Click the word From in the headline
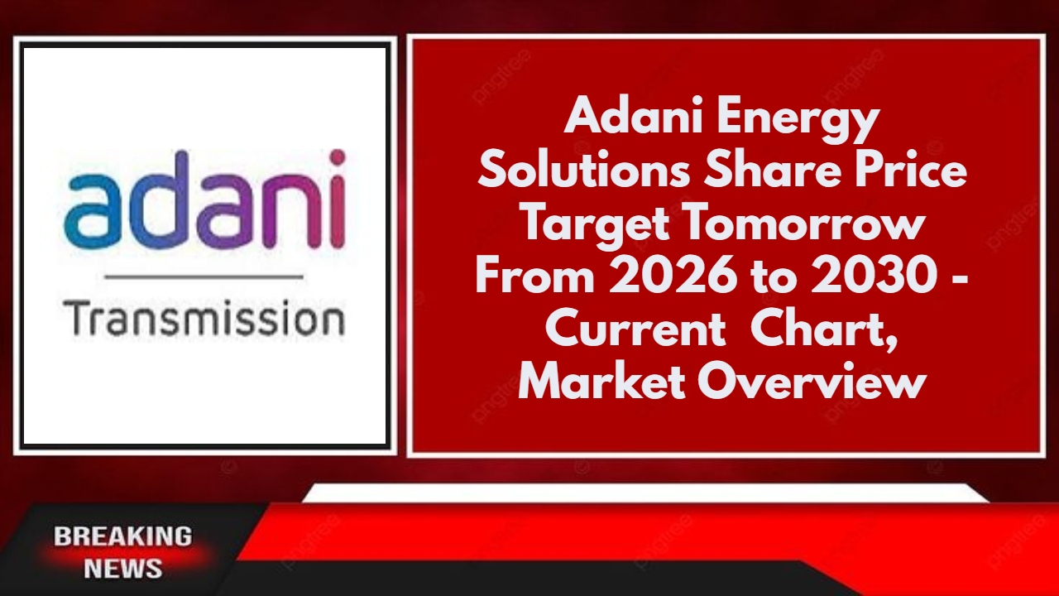[534, 277]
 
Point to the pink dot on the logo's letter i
[336, 158]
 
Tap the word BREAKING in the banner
[123, 536]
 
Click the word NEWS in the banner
[123, 569]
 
